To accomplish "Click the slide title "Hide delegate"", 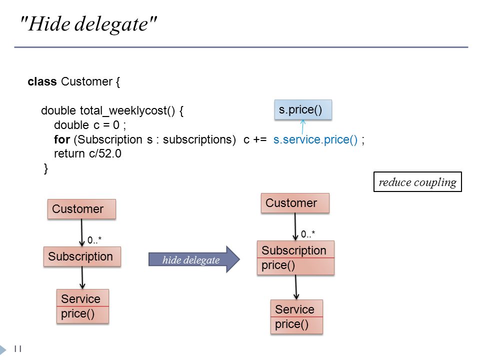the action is pyautogui.click(x=88, y=24).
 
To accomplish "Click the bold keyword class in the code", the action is pyautogui.click(x=42, y=81).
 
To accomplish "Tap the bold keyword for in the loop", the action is pyautogui.click(x=62, y=139).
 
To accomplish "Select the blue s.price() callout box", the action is pyautogui.click(x=303, y=109).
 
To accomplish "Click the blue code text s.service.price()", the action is pyautogui.click(x=315, y=139).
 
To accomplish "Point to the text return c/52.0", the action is pyautogui.click(x=87, y=153).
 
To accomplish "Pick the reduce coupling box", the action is pyautogui.click(x=417, y=182).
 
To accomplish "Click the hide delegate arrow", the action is pyautogui.click(x=194, y=259).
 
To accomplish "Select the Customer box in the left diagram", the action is pyautogui.click(x=81, y=209).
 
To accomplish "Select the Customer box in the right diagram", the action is pyautogui.click(x=295, y=203).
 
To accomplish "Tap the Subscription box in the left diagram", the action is pyautogui.click(x=82, y=256).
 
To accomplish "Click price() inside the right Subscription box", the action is pyautogui.click(x=278, y=265).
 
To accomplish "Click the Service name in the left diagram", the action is pyautogui.click(x=80, y=299).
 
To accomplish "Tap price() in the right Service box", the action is pyautogui.click(x=291, y=324).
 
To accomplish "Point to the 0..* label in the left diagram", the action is pyautogui.click(x=94, y=240).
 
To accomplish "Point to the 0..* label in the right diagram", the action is pyautogui.click(x=307, y=234).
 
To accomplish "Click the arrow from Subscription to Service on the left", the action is pyautogui.click(x=82, y=277).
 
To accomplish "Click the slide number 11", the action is pyautogui.click(x=18, y=348).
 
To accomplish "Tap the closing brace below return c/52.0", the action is pyautogui.click(x=46, y=168).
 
